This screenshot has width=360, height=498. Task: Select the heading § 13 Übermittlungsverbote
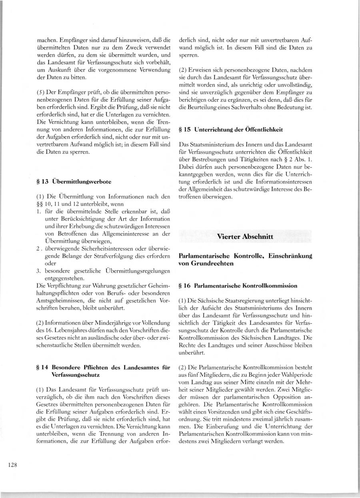74,181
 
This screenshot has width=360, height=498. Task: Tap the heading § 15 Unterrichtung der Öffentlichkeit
236,129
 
